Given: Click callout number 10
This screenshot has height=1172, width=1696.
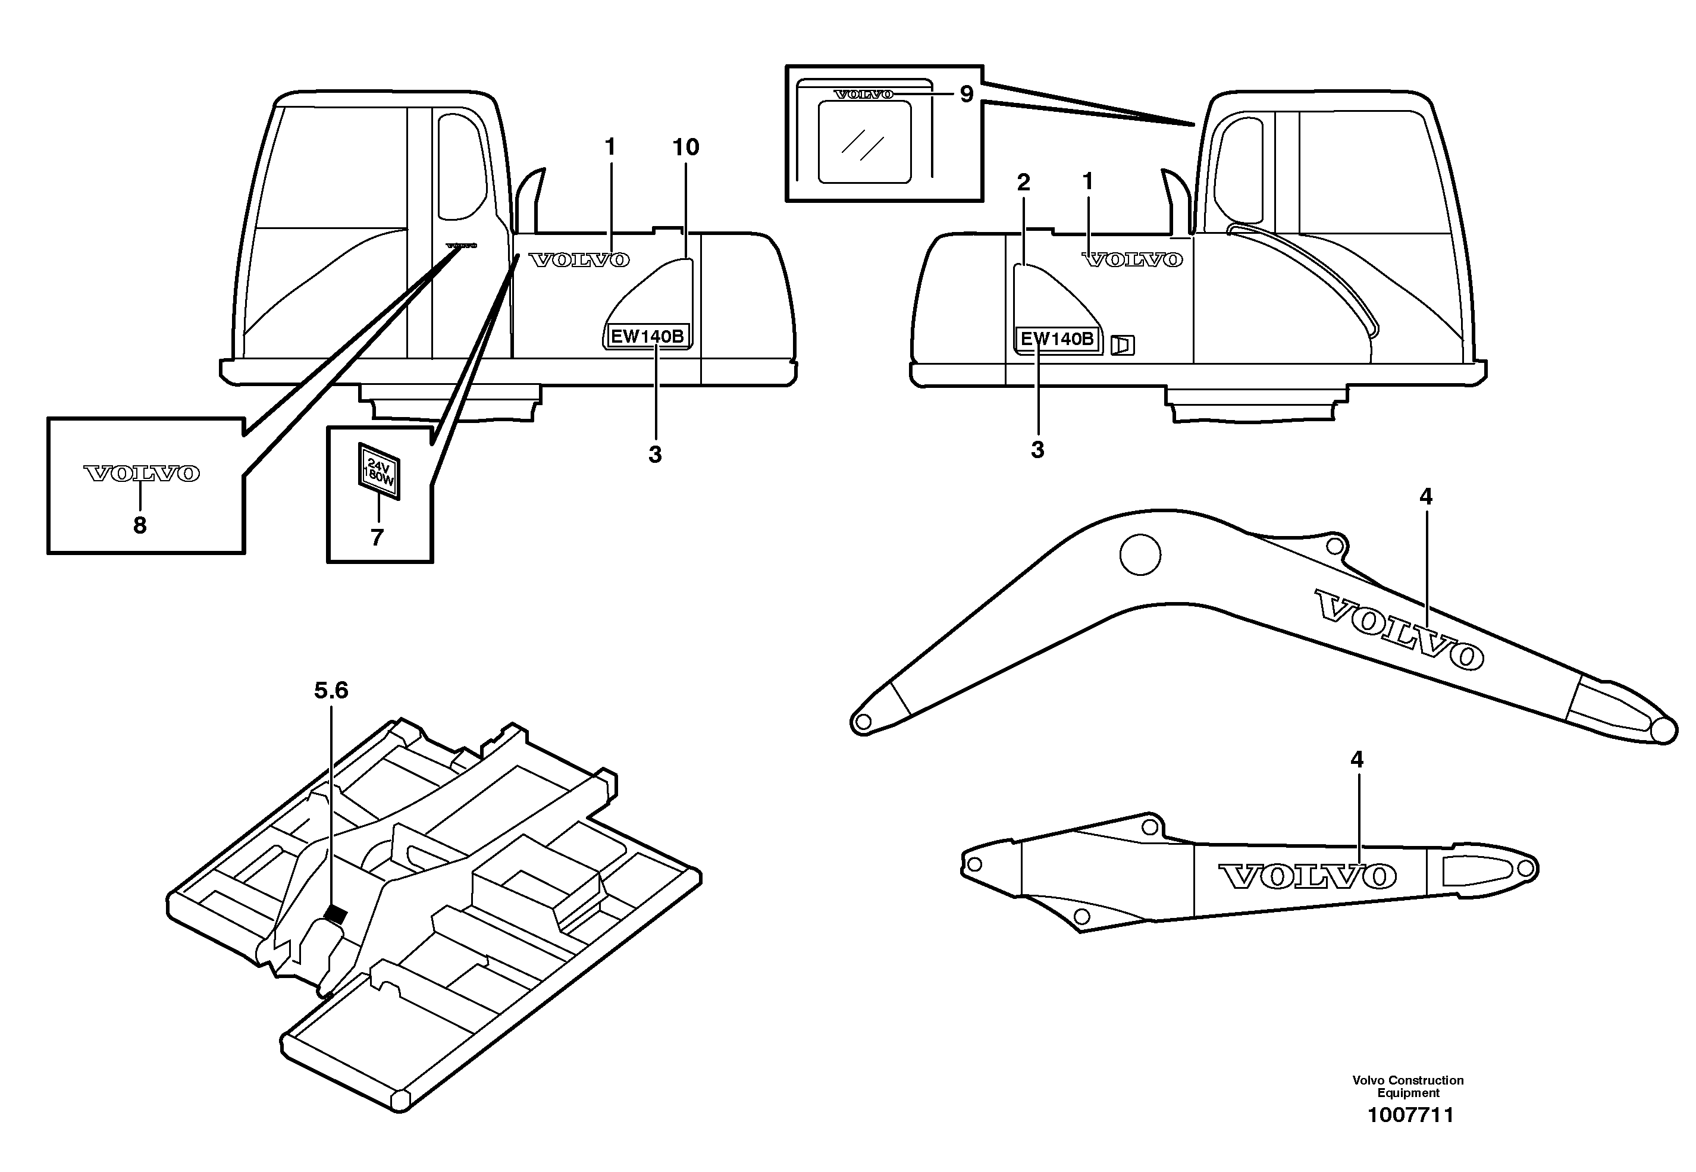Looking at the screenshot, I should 686,148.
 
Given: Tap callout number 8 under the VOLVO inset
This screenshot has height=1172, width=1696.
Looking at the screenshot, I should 139,526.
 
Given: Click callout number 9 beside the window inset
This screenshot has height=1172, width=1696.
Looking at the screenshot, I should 966,95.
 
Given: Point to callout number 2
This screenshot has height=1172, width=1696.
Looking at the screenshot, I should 1023,182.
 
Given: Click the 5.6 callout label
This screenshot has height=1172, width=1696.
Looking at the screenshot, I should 331,690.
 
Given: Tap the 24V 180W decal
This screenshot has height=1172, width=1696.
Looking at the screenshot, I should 379,471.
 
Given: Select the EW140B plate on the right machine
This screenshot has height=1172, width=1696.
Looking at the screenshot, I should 1057,339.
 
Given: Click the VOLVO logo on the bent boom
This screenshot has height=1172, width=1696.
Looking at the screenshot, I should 1398,629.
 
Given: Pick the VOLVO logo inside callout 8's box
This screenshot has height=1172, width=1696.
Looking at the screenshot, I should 141,474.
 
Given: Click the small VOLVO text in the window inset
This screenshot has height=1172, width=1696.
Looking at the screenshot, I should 863,94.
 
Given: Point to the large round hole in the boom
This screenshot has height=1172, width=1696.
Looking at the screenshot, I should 1140,555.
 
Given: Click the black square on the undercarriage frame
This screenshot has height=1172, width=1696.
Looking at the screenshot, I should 336,914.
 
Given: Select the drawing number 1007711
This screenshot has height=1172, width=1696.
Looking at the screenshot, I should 1410,1115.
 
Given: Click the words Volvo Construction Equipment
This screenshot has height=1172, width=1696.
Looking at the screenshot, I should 1407,1086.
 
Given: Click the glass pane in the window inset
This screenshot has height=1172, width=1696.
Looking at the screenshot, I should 864,142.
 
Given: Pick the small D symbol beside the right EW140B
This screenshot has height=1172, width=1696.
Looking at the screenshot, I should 1122,345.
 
